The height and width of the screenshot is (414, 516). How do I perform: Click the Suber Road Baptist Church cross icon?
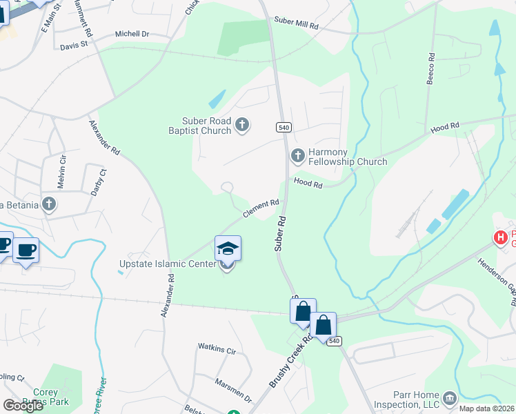[x=241, y=125]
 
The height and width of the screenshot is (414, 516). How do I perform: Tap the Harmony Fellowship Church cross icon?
[x=298, y=155]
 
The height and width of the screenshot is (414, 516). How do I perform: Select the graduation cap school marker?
[x=228, y=248]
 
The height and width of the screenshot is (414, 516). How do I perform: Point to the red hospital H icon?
[x=500, y=238]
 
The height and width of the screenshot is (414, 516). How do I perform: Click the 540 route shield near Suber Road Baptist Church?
[x=283, y=127]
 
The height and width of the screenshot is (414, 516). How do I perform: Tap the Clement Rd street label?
[x=260, y=208]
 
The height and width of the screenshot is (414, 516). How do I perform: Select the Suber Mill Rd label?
[x=296, y=25]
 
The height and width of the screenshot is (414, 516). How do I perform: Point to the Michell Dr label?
[x=132, y=33]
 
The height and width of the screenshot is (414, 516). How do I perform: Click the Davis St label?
[x=75, y=46]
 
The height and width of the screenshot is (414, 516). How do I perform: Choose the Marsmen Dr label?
[x=233, y=391]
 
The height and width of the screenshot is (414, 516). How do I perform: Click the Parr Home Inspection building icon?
[x=450, y=397]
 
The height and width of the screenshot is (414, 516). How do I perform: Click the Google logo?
[x=23, y=406]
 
